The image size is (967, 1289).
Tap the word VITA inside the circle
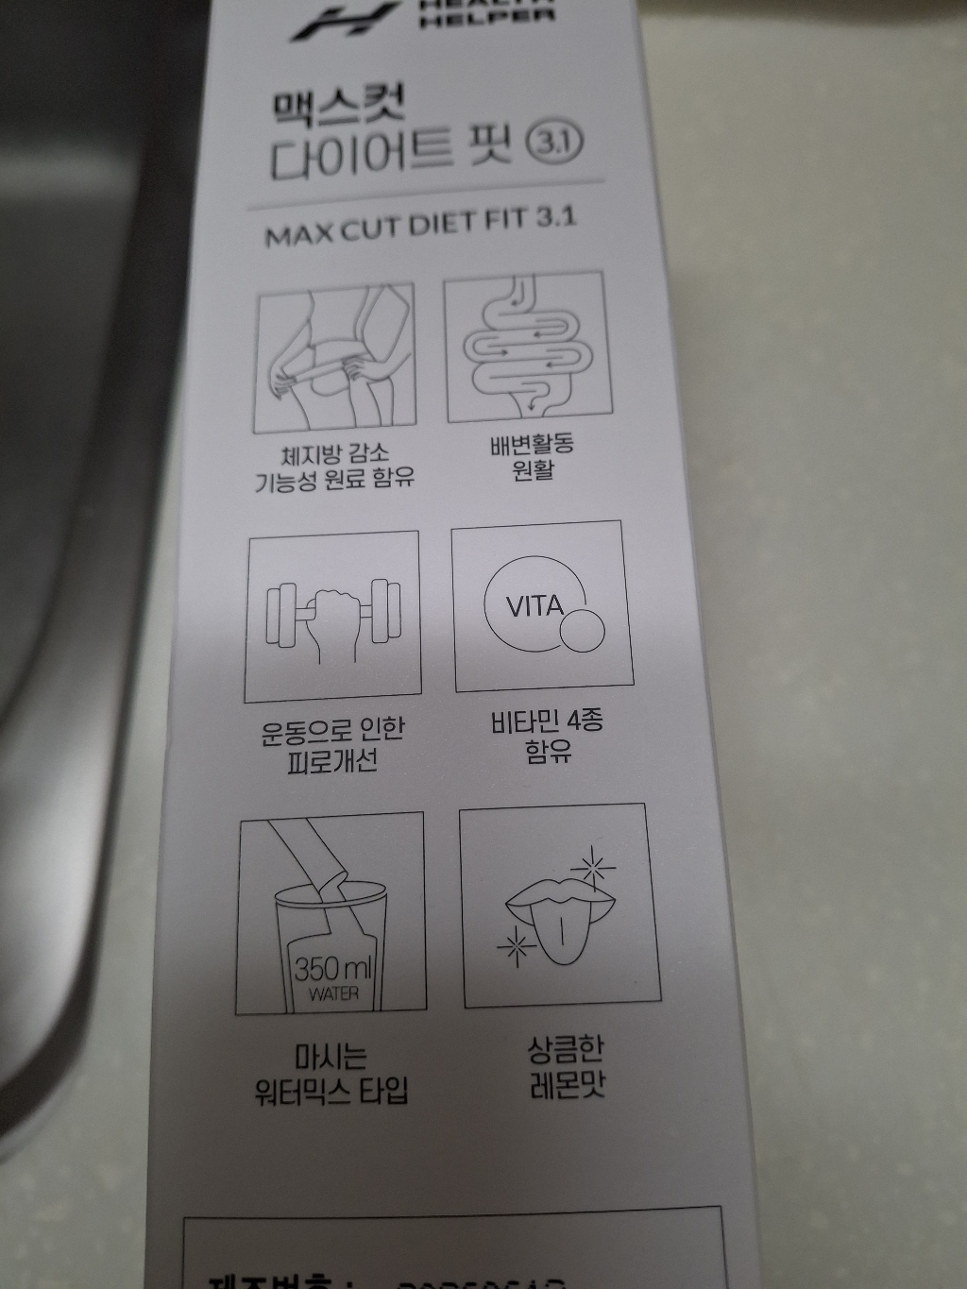(534, 605)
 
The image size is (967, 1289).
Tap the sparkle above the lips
(595, 864)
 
